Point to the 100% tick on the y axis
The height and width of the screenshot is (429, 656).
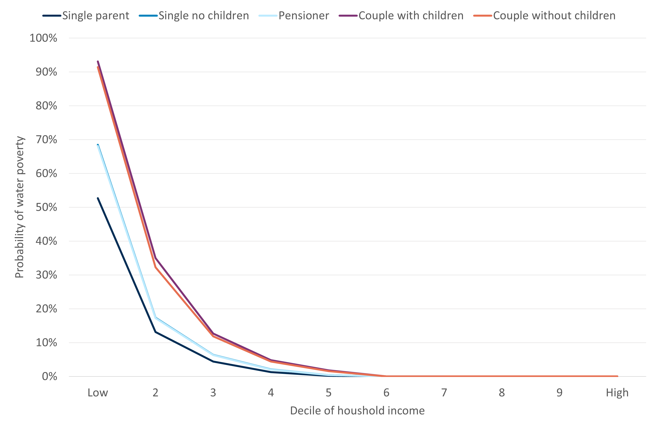coord(43,38)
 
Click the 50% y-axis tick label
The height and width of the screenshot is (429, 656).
coord(46,207)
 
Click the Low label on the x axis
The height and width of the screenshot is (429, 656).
coord(98,393)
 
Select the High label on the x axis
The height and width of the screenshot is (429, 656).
coord(617,393)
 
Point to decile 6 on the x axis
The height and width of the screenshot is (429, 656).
coord(386,393)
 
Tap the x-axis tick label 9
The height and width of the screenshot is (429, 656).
coord(559,393)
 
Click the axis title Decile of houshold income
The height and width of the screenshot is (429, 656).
coord(357,411)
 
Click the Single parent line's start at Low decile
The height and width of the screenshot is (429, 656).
coord(98,198)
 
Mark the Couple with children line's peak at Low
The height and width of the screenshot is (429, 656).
coord(98,61)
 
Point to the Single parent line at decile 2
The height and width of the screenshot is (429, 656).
coord(156,332)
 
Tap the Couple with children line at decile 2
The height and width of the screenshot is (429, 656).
coord(156,258)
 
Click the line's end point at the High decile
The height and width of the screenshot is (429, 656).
coord(617,376)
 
